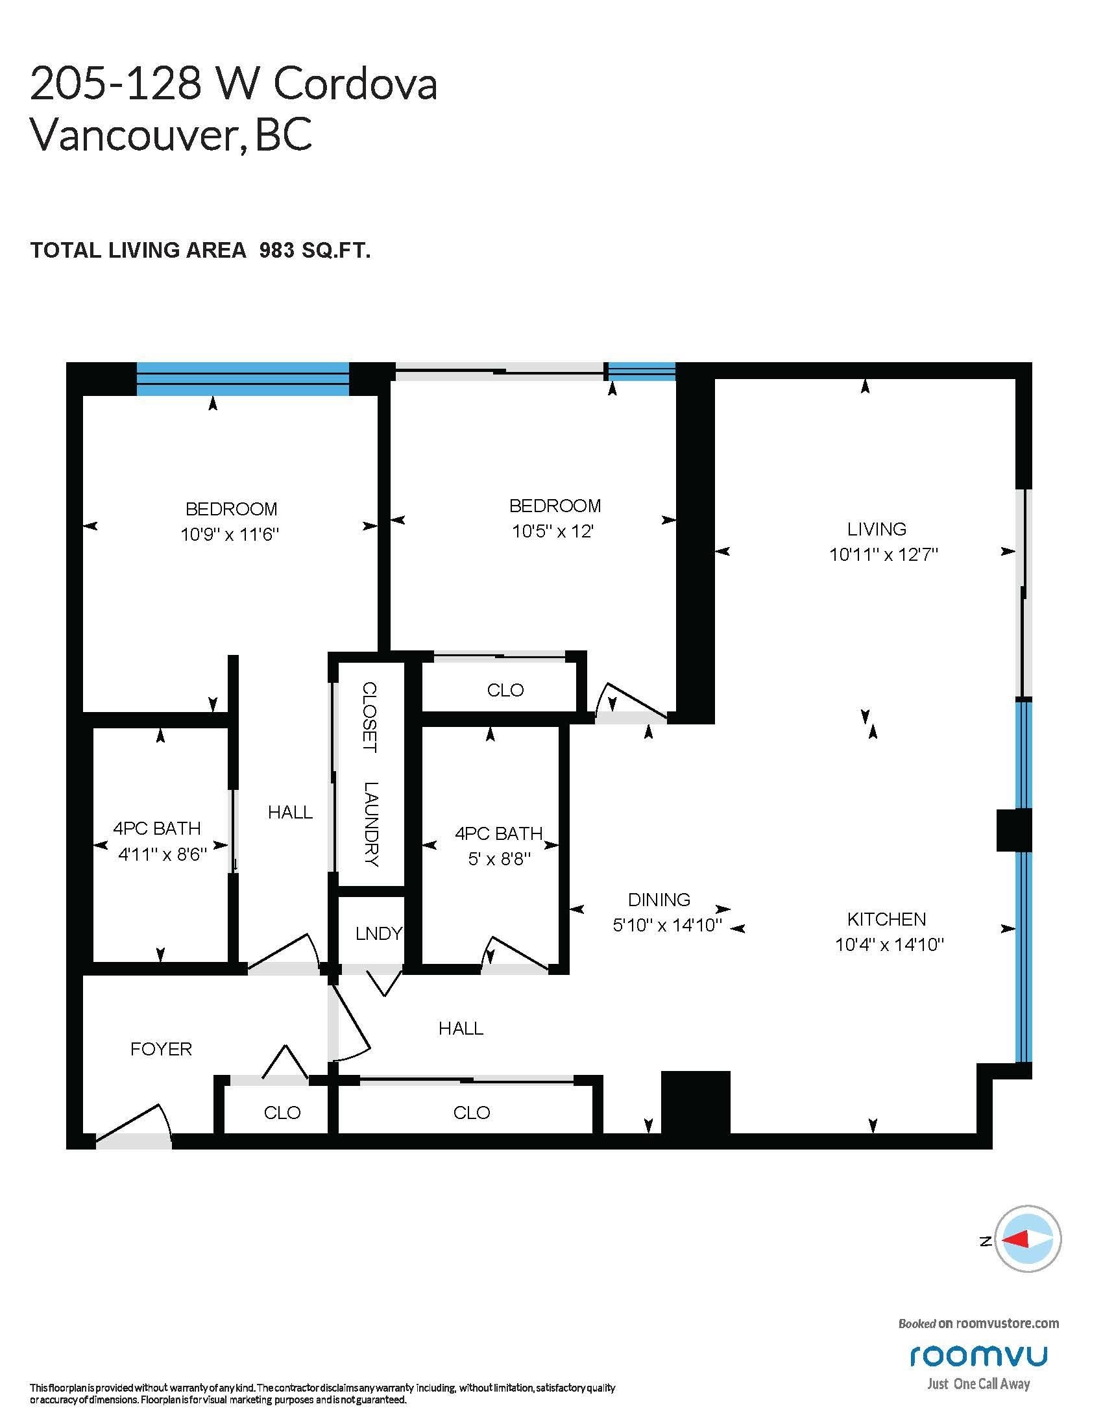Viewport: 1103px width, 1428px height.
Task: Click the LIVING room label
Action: (877, 529)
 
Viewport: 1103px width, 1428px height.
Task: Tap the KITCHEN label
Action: (886, 919)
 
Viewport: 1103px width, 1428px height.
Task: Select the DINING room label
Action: (659, 900)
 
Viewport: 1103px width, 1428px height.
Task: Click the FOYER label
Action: (161, 1050)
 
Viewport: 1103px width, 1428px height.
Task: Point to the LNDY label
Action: (379, 933)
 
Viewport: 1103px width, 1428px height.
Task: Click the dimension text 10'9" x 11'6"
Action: (230, 535)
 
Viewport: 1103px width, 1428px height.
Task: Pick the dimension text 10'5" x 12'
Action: (553, 531)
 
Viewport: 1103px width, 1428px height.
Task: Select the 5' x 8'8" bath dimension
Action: (498, 859)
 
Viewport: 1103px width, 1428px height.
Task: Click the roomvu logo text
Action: (978, 1356)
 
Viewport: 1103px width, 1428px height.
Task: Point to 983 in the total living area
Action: (277, 251)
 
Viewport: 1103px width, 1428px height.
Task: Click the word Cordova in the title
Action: (355, 85)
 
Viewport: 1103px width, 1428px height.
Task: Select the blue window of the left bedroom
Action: (243, 380)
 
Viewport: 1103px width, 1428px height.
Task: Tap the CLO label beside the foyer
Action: (282, 1112)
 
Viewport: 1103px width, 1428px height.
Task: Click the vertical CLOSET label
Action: (370, 717)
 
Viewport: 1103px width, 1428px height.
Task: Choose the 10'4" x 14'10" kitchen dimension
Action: (890, 945)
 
